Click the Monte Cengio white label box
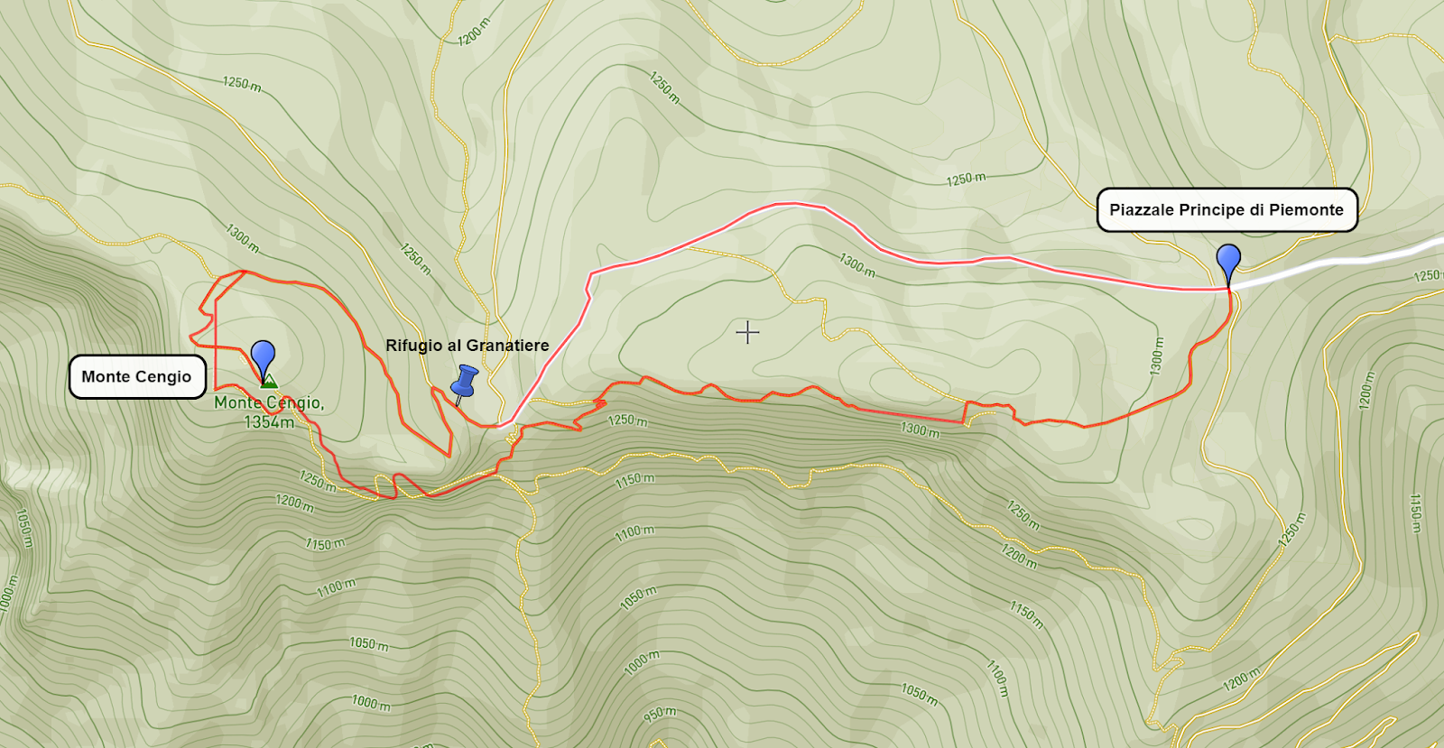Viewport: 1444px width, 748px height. tap(137, 377)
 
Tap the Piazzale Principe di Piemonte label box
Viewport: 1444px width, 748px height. tap(1226, 210)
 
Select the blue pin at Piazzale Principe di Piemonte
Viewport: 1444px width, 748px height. tap(1228, 260)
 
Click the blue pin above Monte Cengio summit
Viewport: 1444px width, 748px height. tap(263, 356)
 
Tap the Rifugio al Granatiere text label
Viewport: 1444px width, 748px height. tap(467, 346)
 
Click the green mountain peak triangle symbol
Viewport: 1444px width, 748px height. tap(268, 382)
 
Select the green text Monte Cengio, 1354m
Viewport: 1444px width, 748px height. tap(268, 412)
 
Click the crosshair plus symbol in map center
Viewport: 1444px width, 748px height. tap(747, 333)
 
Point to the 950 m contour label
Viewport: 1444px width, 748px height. tap(660, 714)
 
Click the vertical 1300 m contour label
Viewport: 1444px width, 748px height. tap(1157, 356)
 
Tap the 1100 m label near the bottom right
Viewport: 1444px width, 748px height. tap(996, 677)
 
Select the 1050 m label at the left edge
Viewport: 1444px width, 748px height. tap(24, 528)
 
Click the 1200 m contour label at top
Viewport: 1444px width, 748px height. tap(473, 32)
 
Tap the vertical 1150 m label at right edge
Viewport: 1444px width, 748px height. tap(1416, 513)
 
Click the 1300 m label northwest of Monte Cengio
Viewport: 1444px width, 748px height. tap(242, 238)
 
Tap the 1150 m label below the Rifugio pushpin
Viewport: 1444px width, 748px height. tap(634, 479)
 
